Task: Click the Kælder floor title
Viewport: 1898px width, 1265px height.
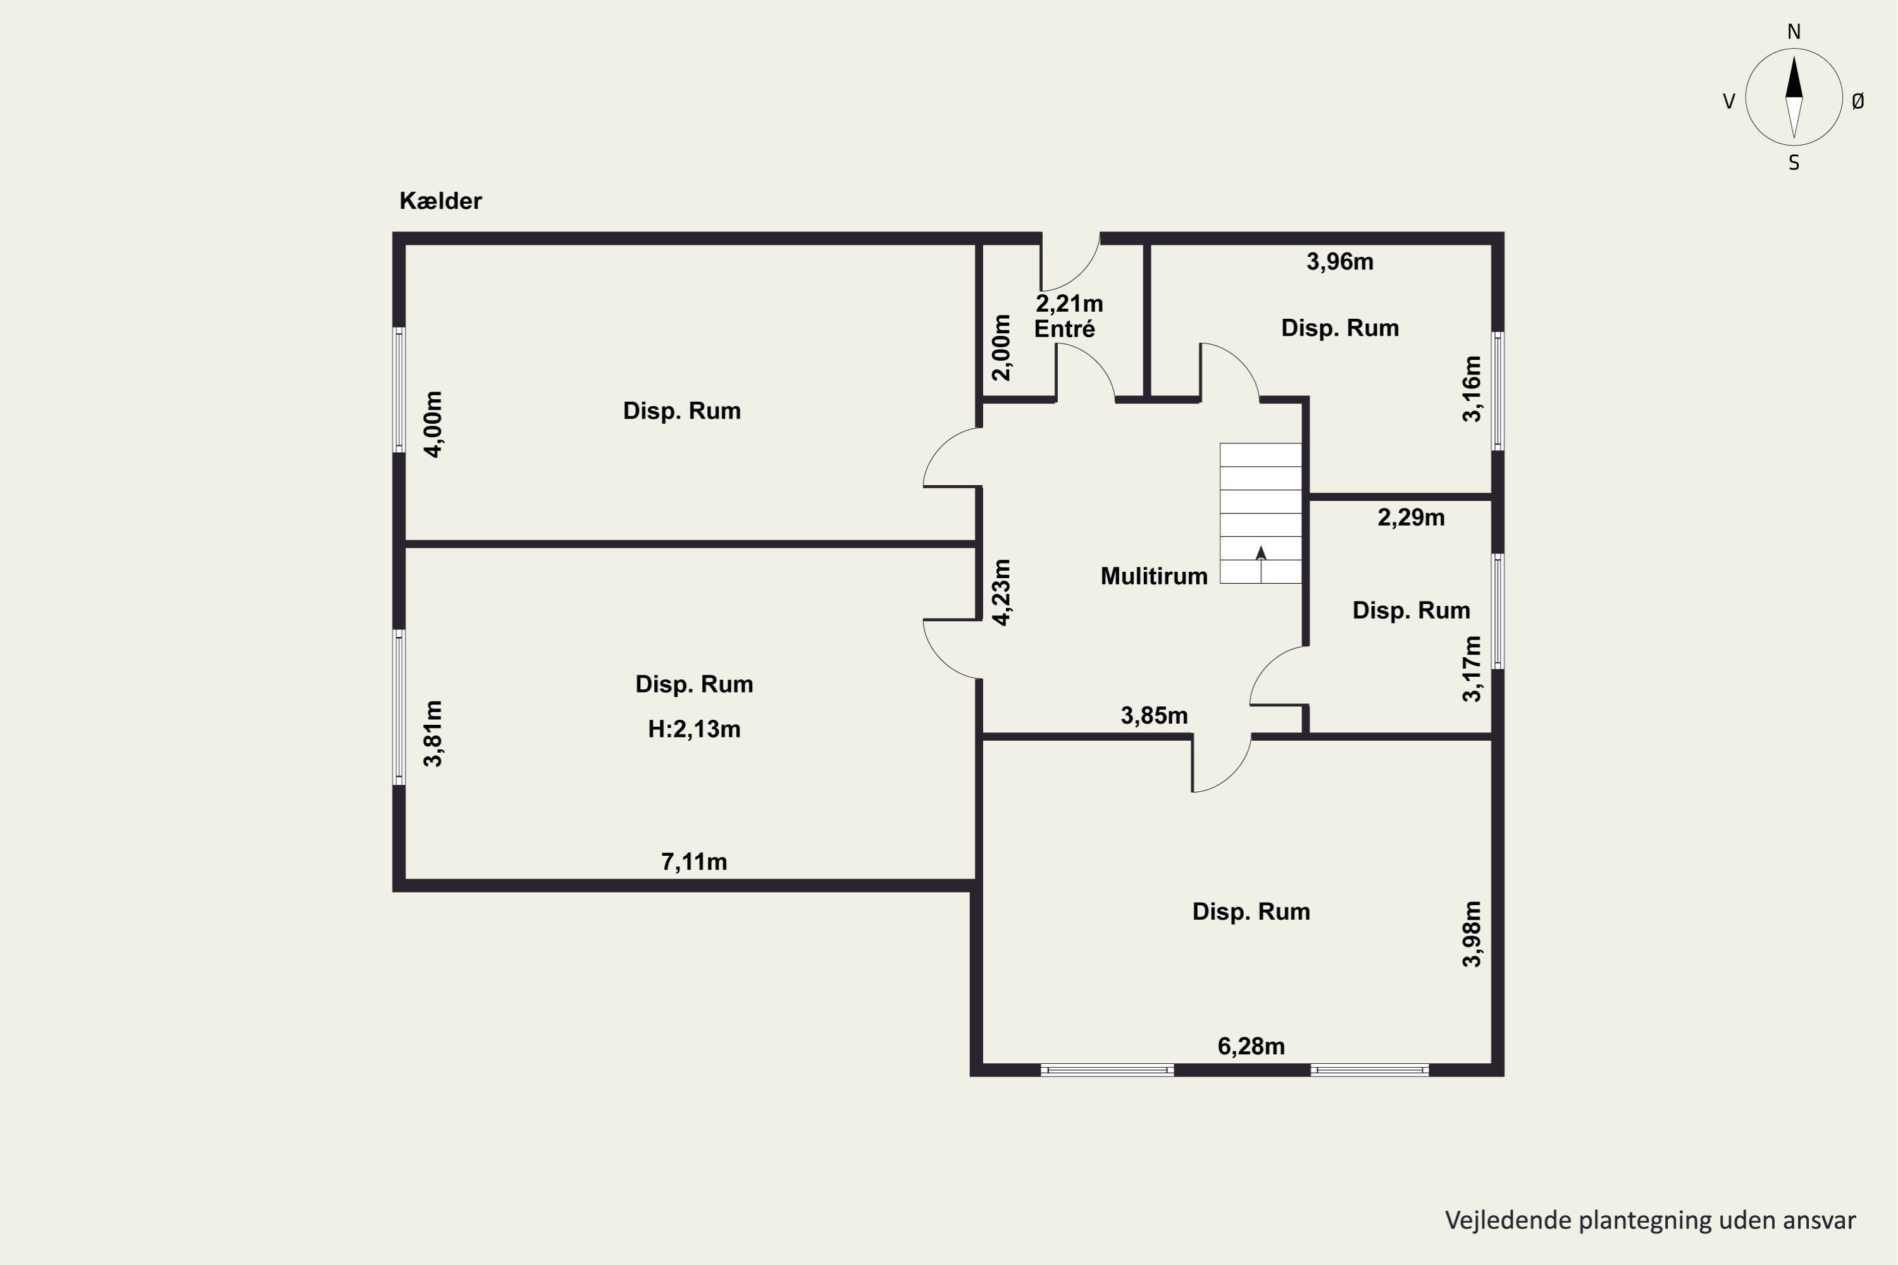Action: coord(440,201)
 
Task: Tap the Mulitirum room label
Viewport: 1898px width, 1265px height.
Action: coord(1154,576)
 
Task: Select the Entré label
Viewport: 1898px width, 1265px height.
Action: coord(1064,328)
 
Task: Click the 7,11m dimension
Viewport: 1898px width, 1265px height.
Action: coord(694,863)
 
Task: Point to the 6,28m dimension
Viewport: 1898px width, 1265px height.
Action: coord(1251,1046)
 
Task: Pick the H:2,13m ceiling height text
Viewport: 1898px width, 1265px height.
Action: coord(694,729)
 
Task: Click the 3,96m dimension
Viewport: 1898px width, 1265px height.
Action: coord(1339,261)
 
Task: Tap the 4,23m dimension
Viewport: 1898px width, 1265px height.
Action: coord(1002,592)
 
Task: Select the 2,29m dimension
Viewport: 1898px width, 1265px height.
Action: coord(1411,517)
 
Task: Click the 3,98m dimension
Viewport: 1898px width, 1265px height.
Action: coord(1472,934)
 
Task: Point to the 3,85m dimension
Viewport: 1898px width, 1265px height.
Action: coord(1154,715)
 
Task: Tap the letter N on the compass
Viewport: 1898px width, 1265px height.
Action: coord(1794,32)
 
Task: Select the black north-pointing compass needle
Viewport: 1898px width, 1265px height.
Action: coord(1794,77)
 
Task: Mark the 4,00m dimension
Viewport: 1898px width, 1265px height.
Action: coord(433,424)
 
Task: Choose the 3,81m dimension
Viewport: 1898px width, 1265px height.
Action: coord(433,733)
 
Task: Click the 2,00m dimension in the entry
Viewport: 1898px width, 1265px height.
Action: coord(1002,348)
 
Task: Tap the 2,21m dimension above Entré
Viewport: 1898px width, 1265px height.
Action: coord(1069,304)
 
